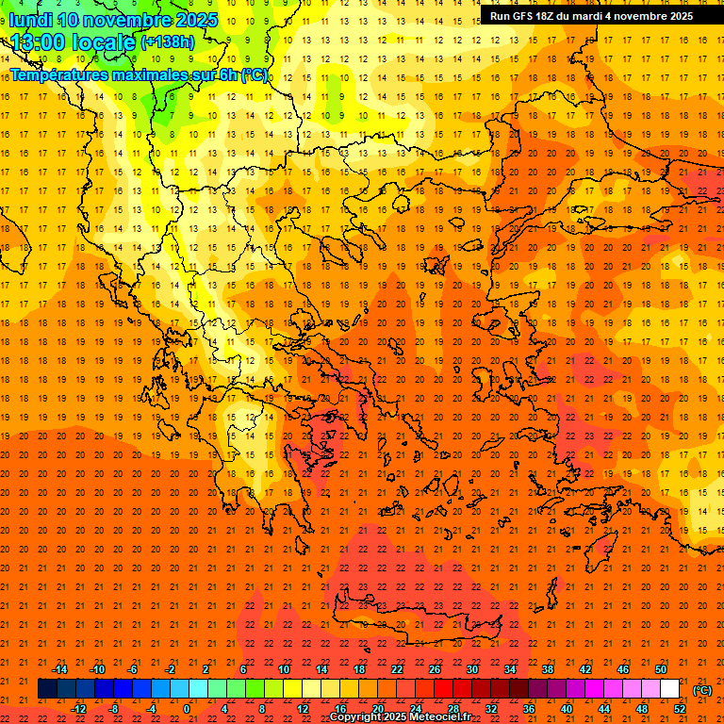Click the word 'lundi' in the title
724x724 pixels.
(30, 20)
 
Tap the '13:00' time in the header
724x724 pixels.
(39, 41)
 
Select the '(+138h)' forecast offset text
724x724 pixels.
(169, 42)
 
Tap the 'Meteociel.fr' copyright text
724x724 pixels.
(439, 717)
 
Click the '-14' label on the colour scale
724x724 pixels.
(60, 669)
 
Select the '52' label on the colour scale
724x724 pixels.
(680, 709)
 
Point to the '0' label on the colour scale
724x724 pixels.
(187, 709)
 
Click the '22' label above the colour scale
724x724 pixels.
(397, 669)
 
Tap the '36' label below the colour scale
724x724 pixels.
(529, 709)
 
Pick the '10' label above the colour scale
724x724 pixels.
(284, 669)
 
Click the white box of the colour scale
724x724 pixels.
(670, 689)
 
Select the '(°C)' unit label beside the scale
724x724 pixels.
(702, 690)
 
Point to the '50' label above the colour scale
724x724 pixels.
(661, 669)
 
